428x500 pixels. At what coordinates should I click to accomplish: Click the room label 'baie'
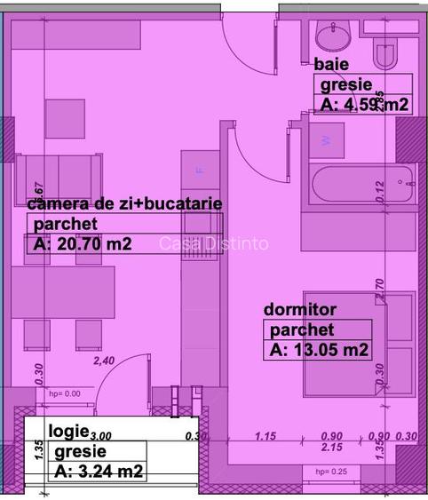(331, 65)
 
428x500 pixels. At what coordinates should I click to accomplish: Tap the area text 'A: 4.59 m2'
(364, 104)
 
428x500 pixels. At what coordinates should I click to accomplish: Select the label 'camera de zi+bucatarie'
(124, 203)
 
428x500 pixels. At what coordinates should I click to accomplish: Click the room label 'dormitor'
(300, 310)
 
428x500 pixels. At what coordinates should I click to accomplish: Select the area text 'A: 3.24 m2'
(99, 471)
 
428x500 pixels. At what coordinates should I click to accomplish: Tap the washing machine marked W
(325, 140)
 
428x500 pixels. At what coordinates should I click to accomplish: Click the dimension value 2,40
(104, 361)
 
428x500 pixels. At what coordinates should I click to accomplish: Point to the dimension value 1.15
(266, 436)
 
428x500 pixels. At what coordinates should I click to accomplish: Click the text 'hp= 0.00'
(64, 393)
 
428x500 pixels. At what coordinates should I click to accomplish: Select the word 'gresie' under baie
(344, 85)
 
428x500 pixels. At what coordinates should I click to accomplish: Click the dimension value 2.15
(330, 447)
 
